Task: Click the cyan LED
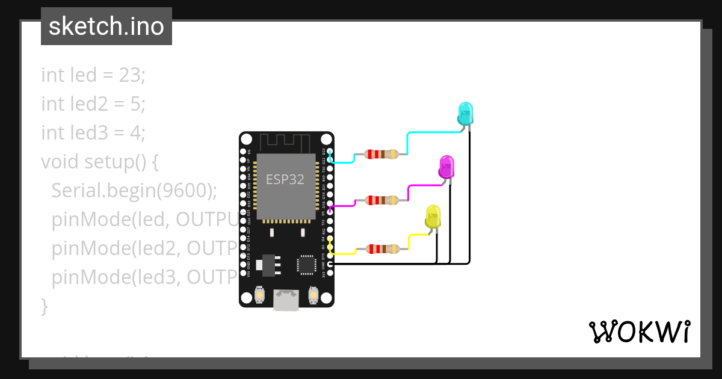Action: pos(465,113)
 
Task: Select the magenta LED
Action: pos(446,166)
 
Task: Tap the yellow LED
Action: pos(433,216)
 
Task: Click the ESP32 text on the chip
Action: pos(285,179)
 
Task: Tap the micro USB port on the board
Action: pos(286,300)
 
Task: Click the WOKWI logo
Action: pos(639,332)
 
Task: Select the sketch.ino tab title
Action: pos(106,26)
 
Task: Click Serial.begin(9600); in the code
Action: pos(134,191)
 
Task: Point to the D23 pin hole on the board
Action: pos(329,151)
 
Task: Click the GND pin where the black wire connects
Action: pos(329,264)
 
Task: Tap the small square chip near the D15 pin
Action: pos(306,265)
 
